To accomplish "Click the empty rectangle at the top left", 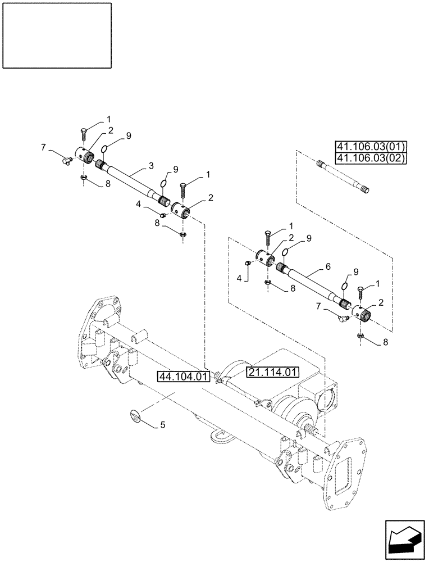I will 57,34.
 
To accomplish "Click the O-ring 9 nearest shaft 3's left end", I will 104,149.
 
